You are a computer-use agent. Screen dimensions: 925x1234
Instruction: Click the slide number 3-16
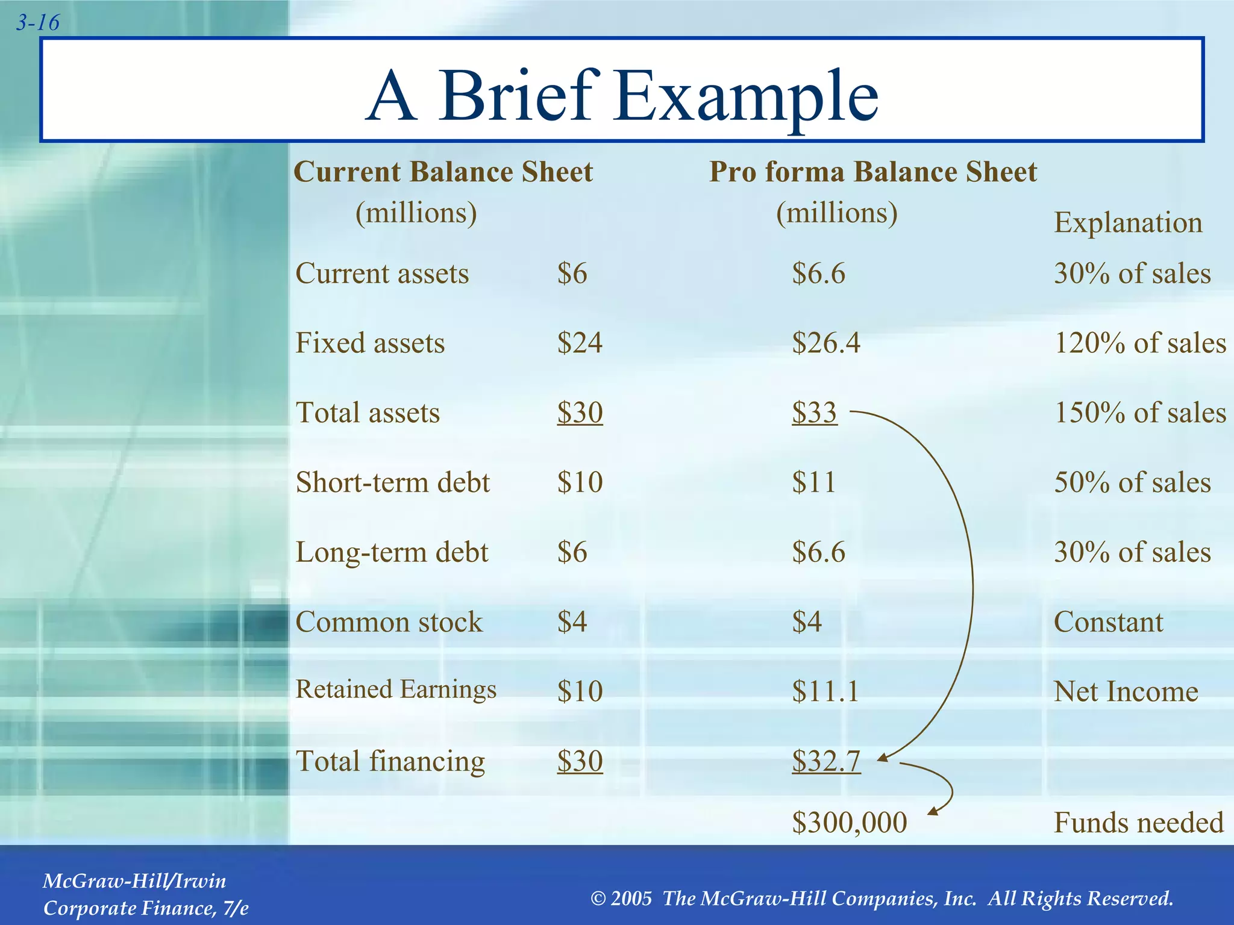point(37,23)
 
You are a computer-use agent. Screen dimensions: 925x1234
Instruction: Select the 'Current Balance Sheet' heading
point(443,172)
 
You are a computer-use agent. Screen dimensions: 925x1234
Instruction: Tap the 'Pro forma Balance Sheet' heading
point(872,172)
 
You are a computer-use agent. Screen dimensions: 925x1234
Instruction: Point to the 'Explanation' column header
point(1128,222)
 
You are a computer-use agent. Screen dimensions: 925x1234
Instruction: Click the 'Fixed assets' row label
point(370,343)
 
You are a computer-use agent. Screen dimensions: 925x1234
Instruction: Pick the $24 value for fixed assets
point(579,343)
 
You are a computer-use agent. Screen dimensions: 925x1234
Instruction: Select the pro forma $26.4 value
point(825,343)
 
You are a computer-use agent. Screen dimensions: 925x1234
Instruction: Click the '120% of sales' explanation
point(1140,343)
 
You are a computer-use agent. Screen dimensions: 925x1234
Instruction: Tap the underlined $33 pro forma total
point(814,413)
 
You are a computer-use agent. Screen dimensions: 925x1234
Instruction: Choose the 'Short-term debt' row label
point(393,482)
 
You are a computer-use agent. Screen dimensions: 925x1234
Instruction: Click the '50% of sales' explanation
point(1132,482)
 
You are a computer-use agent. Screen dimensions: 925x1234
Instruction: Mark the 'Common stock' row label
point(389,622)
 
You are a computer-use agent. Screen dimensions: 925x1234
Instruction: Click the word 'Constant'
point(1108,622)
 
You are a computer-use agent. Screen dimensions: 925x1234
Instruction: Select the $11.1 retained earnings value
point(825,691)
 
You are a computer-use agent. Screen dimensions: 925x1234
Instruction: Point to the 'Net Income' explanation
point(1126,691)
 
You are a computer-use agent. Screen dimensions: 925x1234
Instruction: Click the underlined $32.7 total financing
point(825,761)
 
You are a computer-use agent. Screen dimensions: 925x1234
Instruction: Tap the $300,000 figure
point(849,823)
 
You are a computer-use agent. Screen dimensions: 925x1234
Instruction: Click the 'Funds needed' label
point(1138,823)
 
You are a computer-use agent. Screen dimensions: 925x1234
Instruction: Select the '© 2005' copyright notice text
point(882,899)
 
